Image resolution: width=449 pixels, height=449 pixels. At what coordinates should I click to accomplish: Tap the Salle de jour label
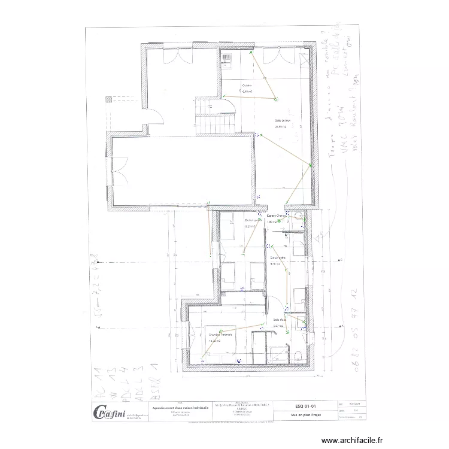282,121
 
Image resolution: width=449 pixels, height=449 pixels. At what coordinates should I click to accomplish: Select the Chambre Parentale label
220,335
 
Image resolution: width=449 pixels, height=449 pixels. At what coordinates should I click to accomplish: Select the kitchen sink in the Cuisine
227,58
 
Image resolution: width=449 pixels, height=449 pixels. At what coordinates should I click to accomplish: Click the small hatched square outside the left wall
108,99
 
